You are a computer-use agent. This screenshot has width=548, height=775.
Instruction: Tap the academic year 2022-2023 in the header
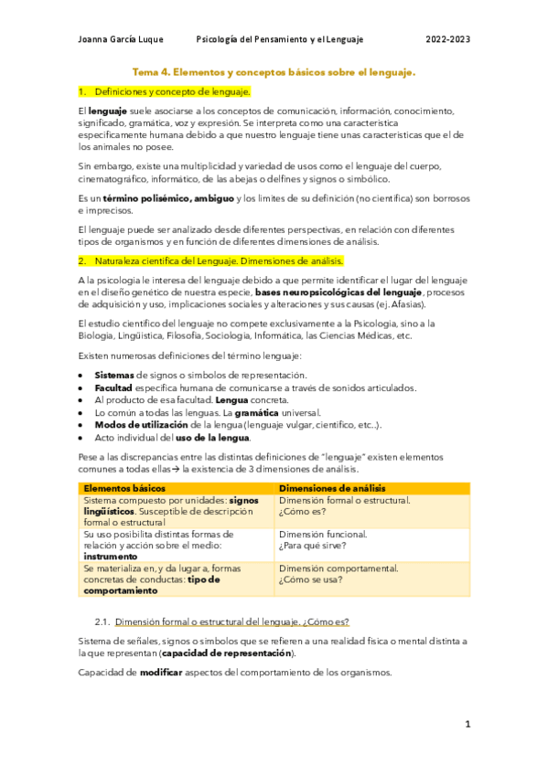click(448, 39)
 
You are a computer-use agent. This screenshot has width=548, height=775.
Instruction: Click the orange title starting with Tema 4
click(274, 70)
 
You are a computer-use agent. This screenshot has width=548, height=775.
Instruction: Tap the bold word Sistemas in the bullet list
click(114, 375)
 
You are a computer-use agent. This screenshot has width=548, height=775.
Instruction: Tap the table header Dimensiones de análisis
click(337, 488)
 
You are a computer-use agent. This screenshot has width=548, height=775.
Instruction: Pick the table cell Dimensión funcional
click(322, 534)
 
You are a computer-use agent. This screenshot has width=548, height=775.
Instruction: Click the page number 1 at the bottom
click(467, 725)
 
